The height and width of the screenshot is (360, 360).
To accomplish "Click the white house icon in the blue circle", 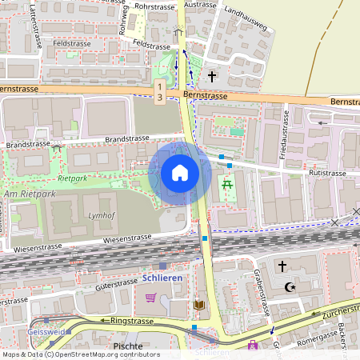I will (180, 172).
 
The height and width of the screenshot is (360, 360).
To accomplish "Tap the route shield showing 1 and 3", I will (160, 90).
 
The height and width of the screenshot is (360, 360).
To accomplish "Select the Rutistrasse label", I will (326, 173).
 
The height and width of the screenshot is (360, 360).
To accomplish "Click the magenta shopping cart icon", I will (150, 298).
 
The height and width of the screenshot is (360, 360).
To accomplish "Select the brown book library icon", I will (199, 304).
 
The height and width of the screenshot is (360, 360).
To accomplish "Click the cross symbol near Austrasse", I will (212, 77).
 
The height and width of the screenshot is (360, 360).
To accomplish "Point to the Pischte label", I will (129, 347).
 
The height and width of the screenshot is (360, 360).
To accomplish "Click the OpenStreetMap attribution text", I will (80, 354).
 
